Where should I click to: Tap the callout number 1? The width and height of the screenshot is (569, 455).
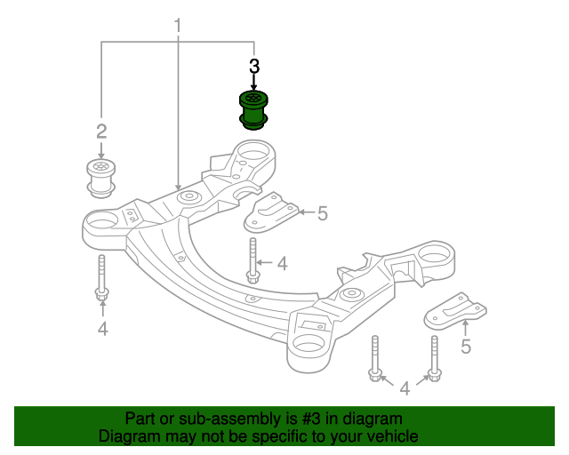pos(177,26)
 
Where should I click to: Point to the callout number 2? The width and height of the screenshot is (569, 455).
pos(101,132)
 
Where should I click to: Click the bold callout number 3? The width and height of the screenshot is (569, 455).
pos(254,66)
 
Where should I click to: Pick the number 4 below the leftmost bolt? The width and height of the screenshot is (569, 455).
pos(102,330)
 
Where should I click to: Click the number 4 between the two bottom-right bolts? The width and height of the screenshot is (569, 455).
pos(405,387)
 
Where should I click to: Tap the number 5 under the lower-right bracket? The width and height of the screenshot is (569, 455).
pos(466,347)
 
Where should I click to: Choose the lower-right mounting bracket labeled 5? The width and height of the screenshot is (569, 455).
pos(459,311)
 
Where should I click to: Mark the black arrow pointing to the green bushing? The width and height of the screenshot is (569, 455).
pos(254,82)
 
